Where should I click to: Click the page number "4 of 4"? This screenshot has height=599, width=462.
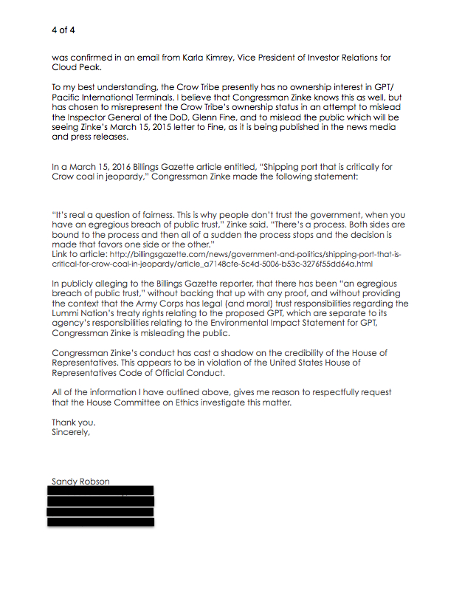(63, 30)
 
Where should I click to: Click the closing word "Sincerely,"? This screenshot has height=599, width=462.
(70, 432)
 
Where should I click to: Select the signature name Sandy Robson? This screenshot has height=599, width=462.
(80, 481)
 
